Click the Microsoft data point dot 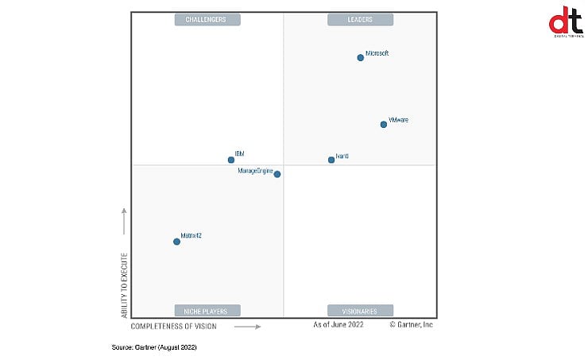(x=360, y=57)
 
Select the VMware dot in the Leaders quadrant (x=383, y=124)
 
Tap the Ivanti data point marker (x=331, y=160)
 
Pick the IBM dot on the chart (x=231, y=160)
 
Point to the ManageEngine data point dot (x=277, y=174)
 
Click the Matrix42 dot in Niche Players (x=176, y=242)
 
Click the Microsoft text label (x=377, y=53)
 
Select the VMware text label (x=398, y=120)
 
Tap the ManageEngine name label (x=255, y=170)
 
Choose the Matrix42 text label (x=191, y=236)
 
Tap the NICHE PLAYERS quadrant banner (x=207, y=311)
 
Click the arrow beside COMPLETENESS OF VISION (x=247, y=326)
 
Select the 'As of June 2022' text (x=338, y=324)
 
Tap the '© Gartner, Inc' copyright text (x=411, y=324)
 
